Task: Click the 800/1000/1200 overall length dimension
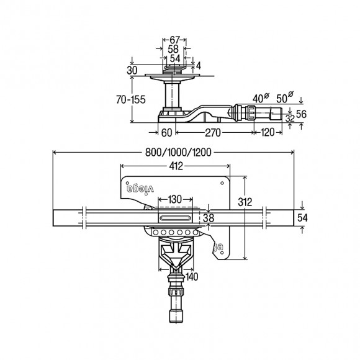click(x=178, y=152)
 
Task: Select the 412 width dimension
click(x=176, y=166)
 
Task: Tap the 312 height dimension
click(x=245, y=202)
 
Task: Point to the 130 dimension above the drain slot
click(x=175, y=199)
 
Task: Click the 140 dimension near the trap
click(x=192, y=277)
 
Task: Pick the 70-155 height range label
click(x=131, y=100)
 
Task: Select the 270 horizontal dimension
click(x=213, y=133)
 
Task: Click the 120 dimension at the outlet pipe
click(x=268, y=132)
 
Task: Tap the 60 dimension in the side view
click(x=167, y=133)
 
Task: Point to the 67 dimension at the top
click(x=174, y=40)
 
